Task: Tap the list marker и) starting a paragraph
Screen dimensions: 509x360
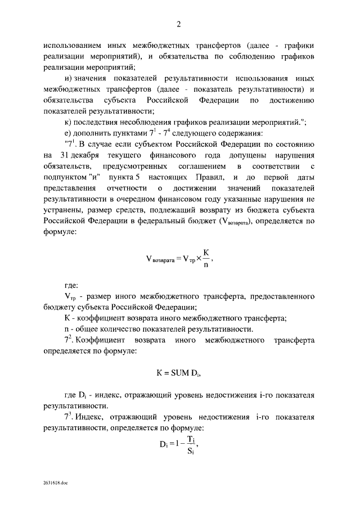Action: coord(70,79)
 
